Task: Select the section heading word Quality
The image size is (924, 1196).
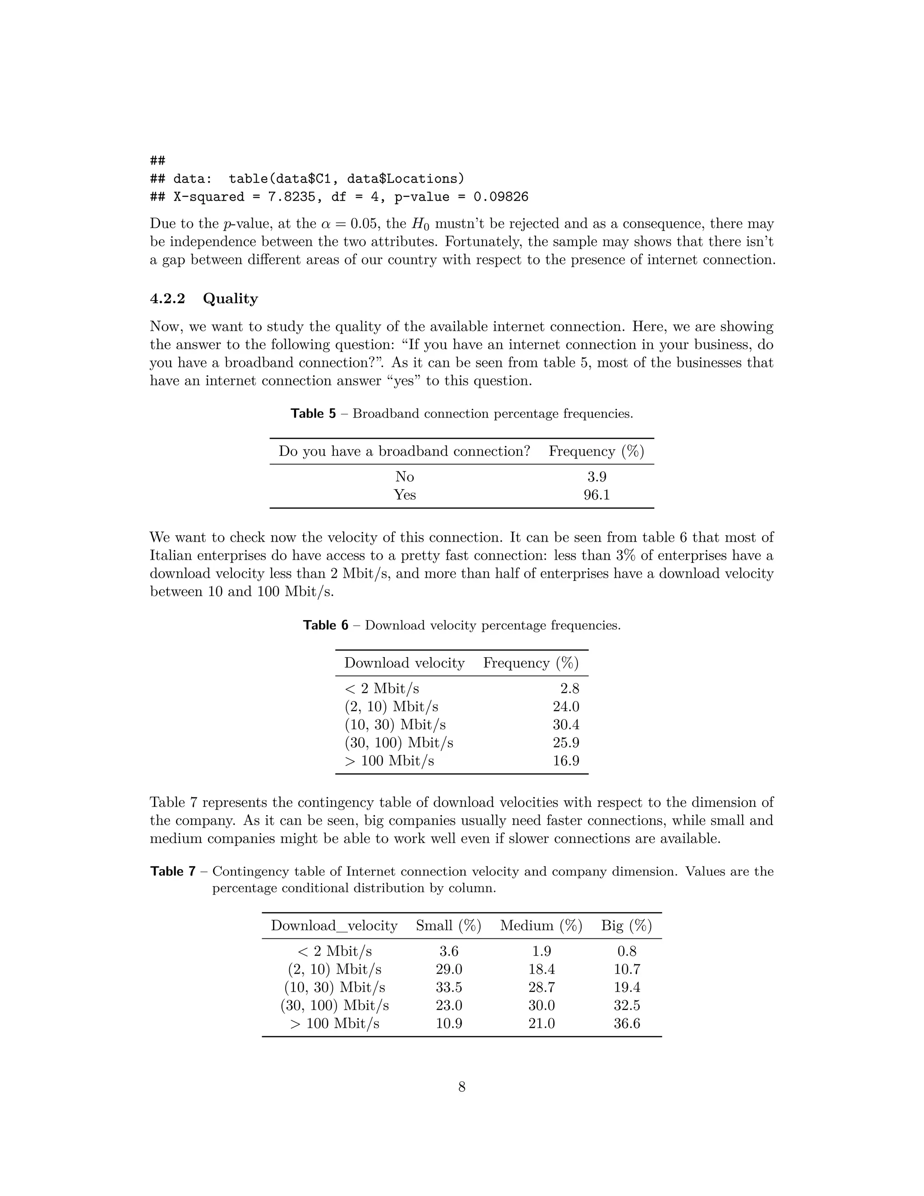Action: tap(230, 298)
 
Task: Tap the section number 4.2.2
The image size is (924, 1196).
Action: tap(167, 298)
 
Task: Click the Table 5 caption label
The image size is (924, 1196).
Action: tap(313, 413)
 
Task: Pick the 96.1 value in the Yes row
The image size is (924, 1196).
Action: tap(596, 495)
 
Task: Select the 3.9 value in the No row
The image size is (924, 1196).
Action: tap(596, 477)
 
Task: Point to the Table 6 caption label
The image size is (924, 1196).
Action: tap(326, 626)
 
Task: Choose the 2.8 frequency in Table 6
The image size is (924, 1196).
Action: tap(569, 689)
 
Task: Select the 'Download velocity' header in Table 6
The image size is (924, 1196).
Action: tap(404, 663)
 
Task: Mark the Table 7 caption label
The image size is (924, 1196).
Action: tap(173, 871)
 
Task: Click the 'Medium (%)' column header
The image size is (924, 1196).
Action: tap(541, 926)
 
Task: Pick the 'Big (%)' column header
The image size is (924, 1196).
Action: tap(626, 926)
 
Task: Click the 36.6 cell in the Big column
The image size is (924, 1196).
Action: tap(627, 1024)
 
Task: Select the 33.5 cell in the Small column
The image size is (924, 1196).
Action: tap(449, 987)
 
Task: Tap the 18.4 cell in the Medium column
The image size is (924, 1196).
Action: tap(541, 969)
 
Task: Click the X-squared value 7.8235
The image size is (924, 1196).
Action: tap(291, 197)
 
